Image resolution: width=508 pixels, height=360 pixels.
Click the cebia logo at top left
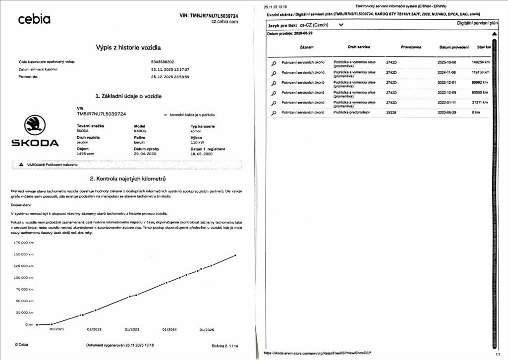pyautogui.click(x=34, y=19)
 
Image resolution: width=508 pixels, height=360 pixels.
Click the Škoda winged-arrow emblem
pyautogui.click(x=35, y=125)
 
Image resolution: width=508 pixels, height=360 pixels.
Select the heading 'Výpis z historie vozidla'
pyautogui.click(x=128, y=48)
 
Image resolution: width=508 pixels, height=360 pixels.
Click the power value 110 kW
pyautogui.click(x=197, y=142)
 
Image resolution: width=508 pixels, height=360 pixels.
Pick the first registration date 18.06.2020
pyautogui.click(x=201, y=154)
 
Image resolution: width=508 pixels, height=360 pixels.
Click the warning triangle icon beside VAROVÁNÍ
pyautogui.click(x=21, y=164)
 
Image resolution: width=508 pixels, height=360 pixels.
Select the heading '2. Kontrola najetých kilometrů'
pyautogui.click(x=128, y=178)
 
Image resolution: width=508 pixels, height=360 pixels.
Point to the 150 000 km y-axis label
pyautogui.click(x=24, y=254)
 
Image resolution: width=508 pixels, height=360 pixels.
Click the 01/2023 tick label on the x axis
pyautogui.click(x=132, y=329)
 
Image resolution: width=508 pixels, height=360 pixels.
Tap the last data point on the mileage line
pyautogui.click(x=235, y=256)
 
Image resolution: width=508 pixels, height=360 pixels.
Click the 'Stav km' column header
pyautogui.click(x=484, y=47)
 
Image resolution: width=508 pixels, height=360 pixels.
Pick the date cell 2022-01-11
pyautogui.click(x=447, y=103)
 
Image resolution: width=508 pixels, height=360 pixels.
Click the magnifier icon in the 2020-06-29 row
pyautogui.click(x=273, y=113)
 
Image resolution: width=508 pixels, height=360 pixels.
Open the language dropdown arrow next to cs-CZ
pyautogui.click(x=341, y=24)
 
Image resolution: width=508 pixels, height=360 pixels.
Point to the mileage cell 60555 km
pyautogui.click(x=480, y=93)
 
